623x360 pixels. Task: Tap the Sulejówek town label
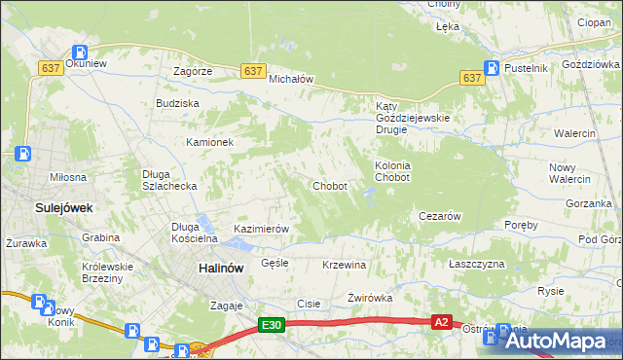click(x=37, y=207)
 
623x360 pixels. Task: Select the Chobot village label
click(x=329, y=186)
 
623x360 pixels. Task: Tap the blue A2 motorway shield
click(x=442, y=322)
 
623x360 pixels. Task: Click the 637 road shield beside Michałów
click(x=253, y=71)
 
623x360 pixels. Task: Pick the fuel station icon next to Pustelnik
click(x=493, y=68)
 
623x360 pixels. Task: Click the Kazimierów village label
click(x=262, y=230)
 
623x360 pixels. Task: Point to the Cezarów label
click(x=438, y=216)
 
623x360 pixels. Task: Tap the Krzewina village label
click(x=344, y=265)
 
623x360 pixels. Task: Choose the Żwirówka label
click(x=370, y=299)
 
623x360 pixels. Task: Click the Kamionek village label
click(x=210, y=142)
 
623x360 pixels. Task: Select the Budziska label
click(x=177, y=102)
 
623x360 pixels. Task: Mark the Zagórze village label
click(x=193, y=72)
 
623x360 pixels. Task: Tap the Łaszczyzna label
click(x=477, y=265)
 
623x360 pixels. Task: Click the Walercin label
click(x=574, y=132)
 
